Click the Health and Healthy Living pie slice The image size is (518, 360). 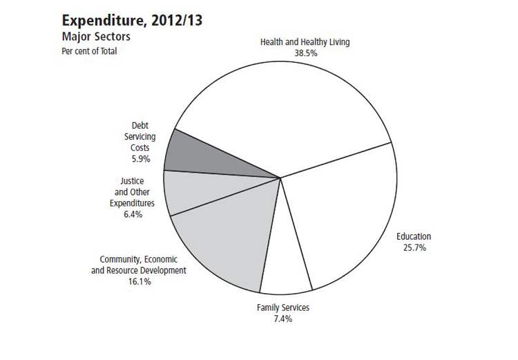tap(283, 111)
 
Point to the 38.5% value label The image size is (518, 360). tap(305, 53)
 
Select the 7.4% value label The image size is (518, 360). tap(283, 319)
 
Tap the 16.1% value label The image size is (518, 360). tap(139, 281)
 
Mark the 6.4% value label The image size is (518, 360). tap(133, 215)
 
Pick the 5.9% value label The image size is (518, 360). tap(141, 159)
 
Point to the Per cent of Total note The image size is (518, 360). tap(89, 50)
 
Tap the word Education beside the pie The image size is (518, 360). tap(414, 237)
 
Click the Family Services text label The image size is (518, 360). tap(283, 307)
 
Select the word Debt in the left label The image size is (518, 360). tap(141, 126)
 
